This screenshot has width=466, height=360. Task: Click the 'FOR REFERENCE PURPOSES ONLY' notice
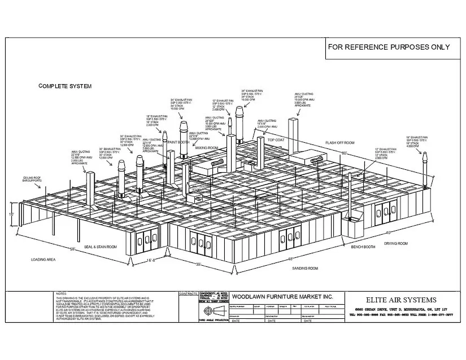pyautogui.click(x=389, y=47)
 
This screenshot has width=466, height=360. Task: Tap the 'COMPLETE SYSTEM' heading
pyautogui.click(x=64, y=86)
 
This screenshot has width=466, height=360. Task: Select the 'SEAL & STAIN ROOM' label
pyautogui.click(x=101, y=247)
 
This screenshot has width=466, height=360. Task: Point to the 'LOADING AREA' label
pyautogui.click(x=43, y=260)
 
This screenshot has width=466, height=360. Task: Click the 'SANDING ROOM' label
pyautogui.click(x=305, y=269)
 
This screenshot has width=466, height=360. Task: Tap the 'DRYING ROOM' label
pyautogui.click(x=397, y=243)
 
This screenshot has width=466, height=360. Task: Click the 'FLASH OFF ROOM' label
pyautogui.click(x=339, y=143)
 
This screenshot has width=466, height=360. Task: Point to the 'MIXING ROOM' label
pyautogui.click(x=206, y=148)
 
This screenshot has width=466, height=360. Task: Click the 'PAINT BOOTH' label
pyautogui.click(x=178, y=142)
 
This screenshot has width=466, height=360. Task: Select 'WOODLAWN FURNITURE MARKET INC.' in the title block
pyautogui.click(x=282, y=296)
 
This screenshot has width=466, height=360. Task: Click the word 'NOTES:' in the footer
pyautogui.click(x=62, y=294)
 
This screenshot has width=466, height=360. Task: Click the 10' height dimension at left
pyautogui.click(x=11, y=215)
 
